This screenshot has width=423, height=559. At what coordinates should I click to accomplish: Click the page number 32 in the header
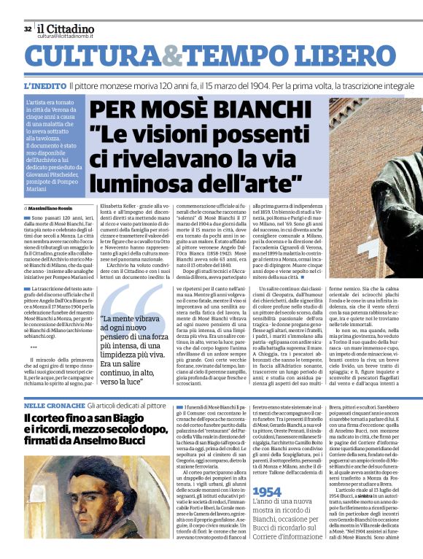[x=28, y=29]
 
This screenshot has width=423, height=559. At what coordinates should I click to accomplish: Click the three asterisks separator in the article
[x=34, y=347]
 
